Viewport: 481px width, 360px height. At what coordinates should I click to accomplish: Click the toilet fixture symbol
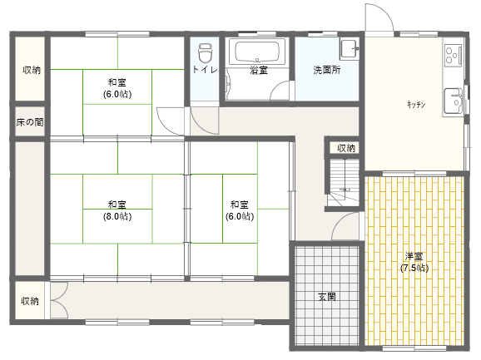click(x=206, y=53)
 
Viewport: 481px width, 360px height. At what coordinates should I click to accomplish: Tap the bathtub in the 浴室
click(x=257, y=52)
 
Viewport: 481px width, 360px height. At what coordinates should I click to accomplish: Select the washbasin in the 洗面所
click(x=350, y=49)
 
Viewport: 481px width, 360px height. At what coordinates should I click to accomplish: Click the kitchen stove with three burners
click(x=453, y=55)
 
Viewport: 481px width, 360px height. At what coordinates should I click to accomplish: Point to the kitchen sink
click(x=453, y=102)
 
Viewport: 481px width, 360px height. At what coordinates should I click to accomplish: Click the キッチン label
click(x=416, y=105)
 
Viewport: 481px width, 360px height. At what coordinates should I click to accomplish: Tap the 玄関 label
click(x=327, y=297)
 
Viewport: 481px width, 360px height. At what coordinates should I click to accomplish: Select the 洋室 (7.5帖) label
click(x=414, y=262)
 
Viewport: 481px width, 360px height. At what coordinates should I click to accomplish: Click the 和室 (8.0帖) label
click(x=117, y=210)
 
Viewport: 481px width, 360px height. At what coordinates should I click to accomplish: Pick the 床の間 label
click(x=30, y=122)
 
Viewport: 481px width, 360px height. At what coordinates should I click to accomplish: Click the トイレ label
click(x=205, y=70)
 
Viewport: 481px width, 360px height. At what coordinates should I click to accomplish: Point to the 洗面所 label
click(x=327, y=70)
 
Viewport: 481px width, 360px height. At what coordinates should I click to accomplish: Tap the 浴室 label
click(x=259, y=70)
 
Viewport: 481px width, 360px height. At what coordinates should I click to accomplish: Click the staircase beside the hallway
click(x=345, y=182)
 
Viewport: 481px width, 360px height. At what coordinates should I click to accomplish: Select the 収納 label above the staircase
click(x=346, y=148)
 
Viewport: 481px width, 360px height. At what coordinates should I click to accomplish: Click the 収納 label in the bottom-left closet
click(x=30, y=301)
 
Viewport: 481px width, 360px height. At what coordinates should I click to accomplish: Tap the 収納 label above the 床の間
click(x=32, y=70)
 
